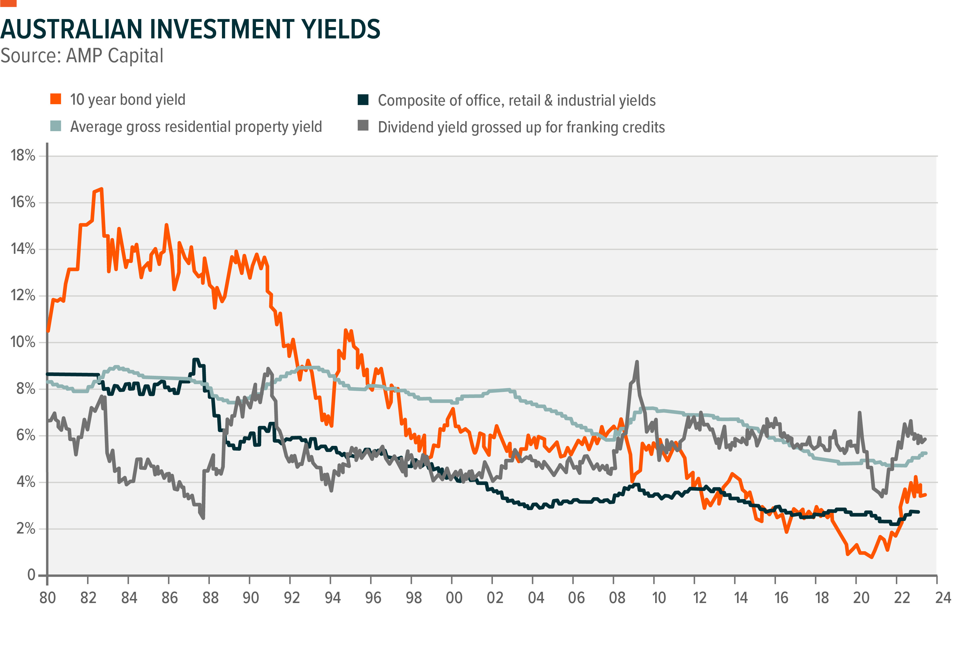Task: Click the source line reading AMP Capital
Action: (82, 56)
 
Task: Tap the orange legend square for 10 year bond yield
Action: (56, 99)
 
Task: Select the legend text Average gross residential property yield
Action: (196, 127)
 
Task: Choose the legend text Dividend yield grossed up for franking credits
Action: (521, 127)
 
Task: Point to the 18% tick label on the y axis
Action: (23, 156)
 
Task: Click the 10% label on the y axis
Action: (23, 342)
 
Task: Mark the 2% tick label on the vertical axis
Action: (26, 529)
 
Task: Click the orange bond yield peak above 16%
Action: (101, 189)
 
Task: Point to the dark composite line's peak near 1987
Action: (196, 360)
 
